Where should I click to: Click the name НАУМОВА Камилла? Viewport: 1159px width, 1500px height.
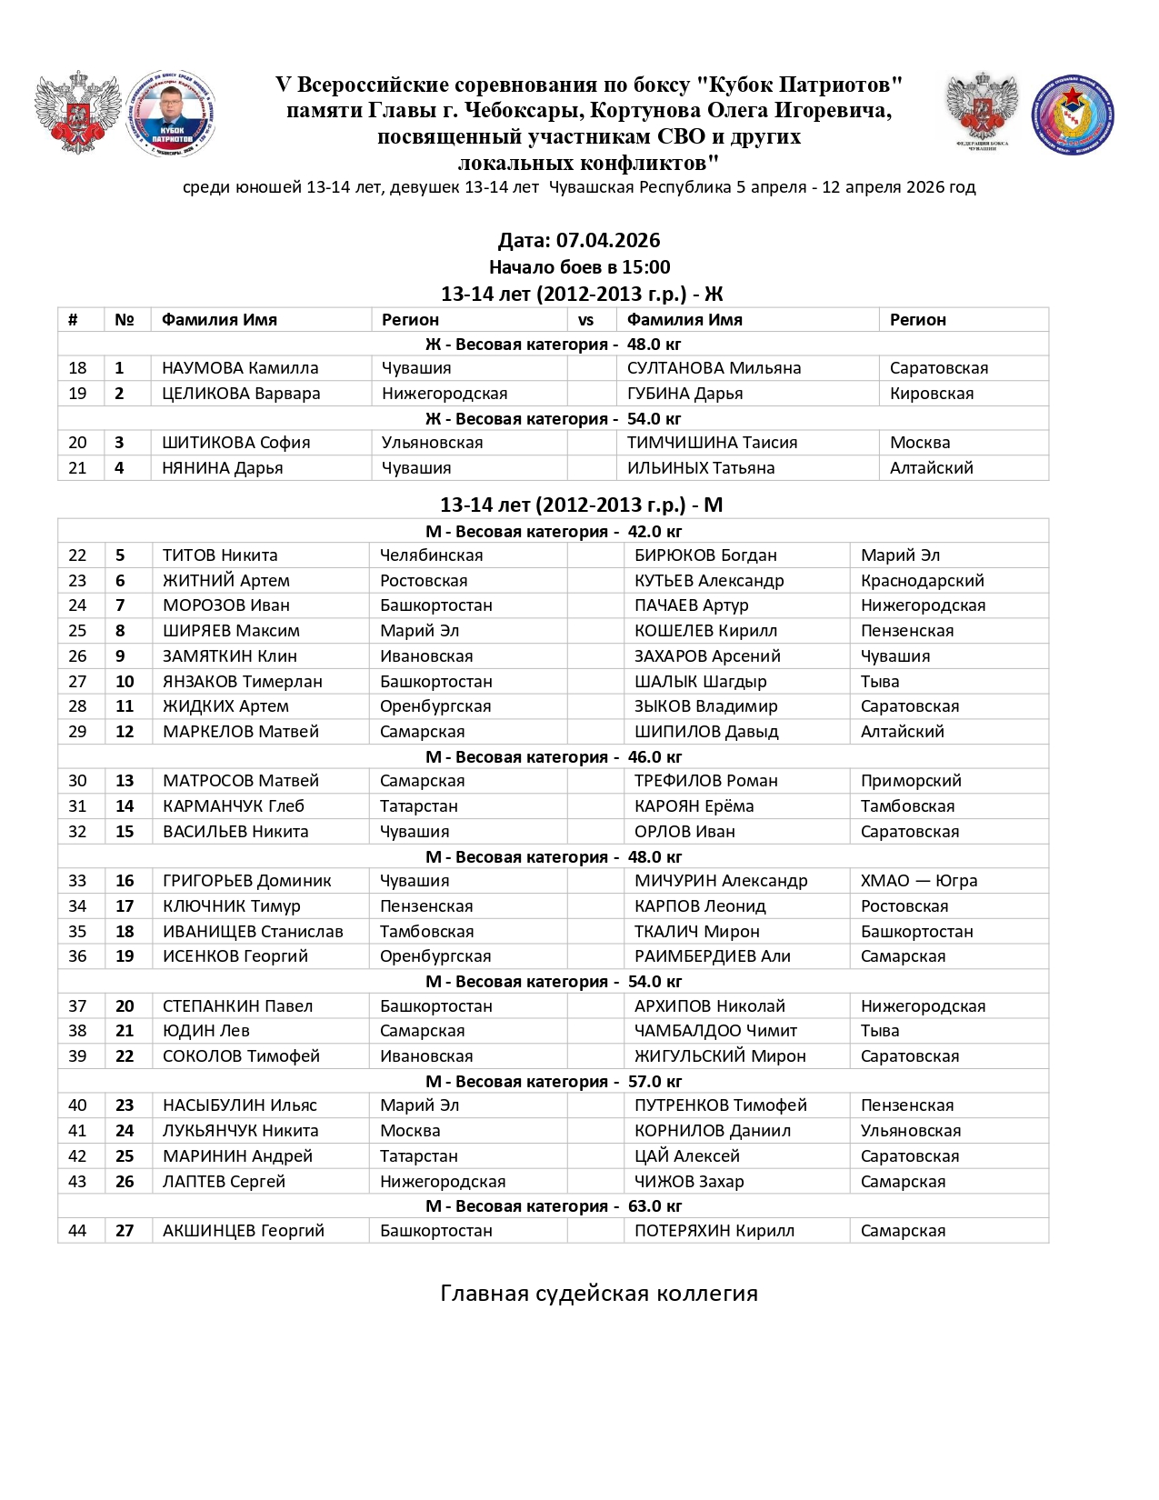click(x=240, y=368)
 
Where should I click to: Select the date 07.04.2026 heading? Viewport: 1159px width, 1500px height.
click(x=579, y=241)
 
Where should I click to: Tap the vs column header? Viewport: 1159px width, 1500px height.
click(x=585, y=320)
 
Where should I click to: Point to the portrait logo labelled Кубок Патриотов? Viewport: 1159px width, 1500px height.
click(x=171, y=115)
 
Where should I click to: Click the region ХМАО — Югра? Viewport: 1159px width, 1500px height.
click(x=919, y=881)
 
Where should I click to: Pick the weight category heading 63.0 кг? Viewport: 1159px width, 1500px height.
click(x=554, y=1206)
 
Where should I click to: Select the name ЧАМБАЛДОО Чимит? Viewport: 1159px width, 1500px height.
click(x=715, y=1031)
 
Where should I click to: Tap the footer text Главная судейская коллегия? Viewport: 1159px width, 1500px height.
click(x=599, y=1294)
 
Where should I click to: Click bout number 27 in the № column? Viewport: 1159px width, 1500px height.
click(x=125, y=1231)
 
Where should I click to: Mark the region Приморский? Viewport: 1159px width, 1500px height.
click(x=911, y=781)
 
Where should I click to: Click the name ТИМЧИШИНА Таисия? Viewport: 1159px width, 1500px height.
click(x=712, y=443)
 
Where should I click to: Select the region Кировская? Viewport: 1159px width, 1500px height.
click(x=932, y=394)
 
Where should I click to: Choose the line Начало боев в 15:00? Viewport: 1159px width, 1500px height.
click(x=579, y=267)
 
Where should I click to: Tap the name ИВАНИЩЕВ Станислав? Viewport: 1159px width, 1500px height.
click(x=253, y=932)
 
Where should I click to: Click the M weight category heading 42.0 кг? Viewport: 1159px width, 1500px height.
click(x=554, y=532)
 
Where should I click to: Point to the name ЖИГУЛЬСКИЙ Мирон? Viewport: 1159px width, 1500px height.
click(x=720, y=1056)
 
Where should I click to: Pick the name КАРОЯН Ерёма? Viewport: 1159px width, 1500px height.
click(x=694, y=806)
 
